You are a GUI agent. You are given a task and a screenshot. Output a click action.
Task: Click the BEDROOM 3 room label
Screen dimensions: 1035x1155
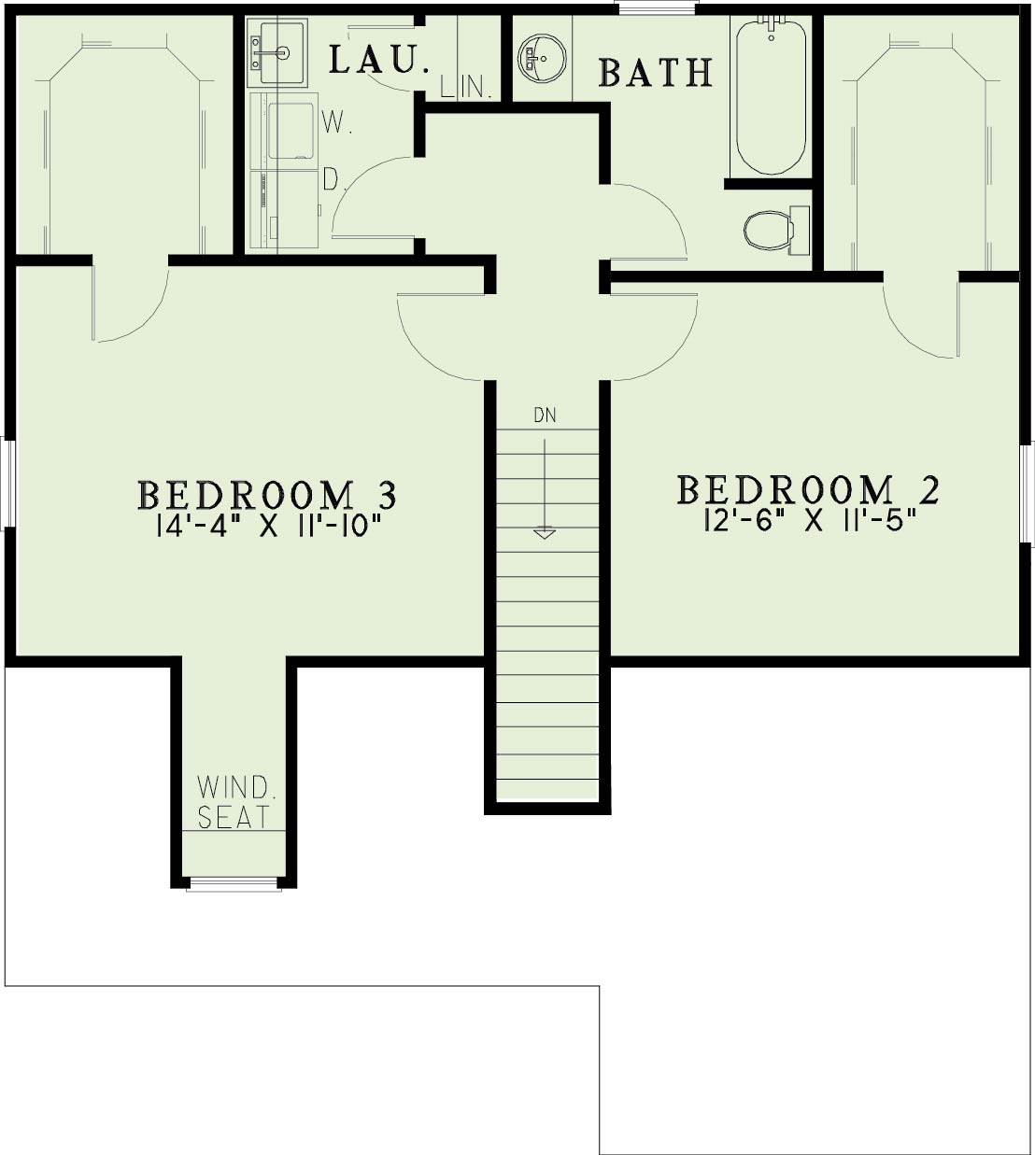tap(267, 495)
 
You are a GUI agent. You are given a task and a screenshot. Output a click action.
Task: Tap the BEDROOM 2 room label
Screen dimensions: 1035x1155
tap(808, 489)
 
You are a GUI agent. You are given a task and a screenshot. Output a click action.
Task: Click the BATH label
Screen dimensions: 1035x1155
tap(656, 73)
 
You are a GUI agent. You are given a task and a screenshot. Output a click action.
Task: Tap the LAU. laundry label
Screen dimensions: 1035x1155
tap(379, 60)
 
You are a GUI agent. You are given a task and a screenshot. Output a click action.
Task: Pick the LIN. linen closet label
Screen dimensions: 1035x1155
tap(466, 87)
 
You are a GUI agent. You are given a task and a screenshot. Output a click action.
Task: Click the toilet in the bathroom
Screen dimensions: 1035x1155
tap(776, 230)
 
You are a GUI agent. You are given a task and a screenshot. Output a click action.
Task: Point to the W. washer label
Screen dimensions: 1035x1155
tap(336, 122)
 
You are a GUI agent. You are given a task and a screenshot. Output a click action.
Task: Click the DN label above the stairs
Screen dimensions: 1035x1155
tap(545, 416)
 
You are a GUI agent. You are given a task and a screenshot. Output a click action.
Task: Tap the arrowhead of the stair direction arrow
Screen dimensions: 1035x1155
tap(545, 534)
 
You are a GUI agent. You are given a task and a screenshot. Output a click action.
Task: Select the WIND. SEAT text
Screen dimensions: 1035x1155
tap(234, 802)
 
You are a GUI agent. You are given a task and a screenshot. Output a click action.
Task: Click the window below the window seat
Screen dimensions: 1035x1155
tap(234, 883)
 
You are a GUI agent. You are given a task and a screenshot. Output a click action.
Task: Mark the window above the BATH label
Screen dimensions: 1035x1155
tap(657, 7)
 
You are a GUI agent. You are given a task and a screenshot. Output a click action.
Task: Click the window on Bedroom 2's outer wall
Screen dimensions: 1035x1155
tap(1028, 493)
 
